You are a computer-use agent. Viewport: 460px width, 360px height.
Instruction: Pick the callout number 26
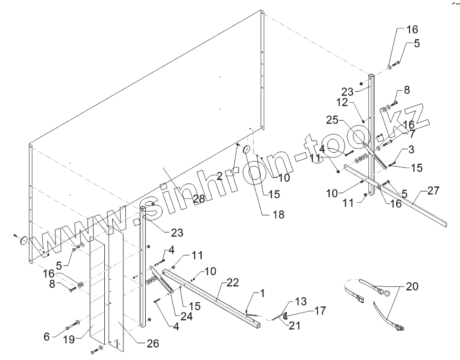[x=152, y=344]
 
